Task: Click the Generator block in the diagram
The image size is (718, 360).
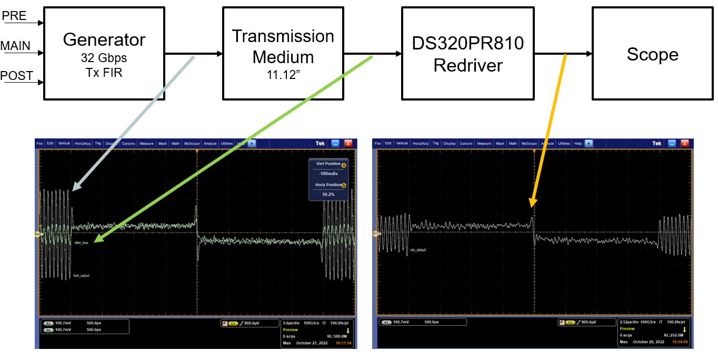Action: click(104, 53)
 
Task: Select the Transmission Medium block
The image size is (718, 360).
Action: click(283, 53)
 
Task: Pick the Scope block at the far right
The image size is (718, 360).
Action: click(652, 53)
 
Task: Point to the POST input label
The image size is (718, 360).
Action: click(16, 76)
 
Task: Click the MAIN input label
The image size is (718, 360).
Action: click(15, 46)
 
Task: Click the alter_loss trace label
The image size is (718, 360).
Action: click(81, 243)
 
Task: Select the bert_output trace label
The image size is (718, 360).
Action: click(81, 275)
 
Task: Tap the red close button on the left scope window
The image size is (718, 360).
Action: click(348, 143)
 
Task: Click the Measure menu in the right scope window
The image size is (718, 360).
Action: click(484, 143)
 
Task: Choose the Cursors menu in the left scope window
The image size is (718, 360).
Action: click(129, 143)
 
